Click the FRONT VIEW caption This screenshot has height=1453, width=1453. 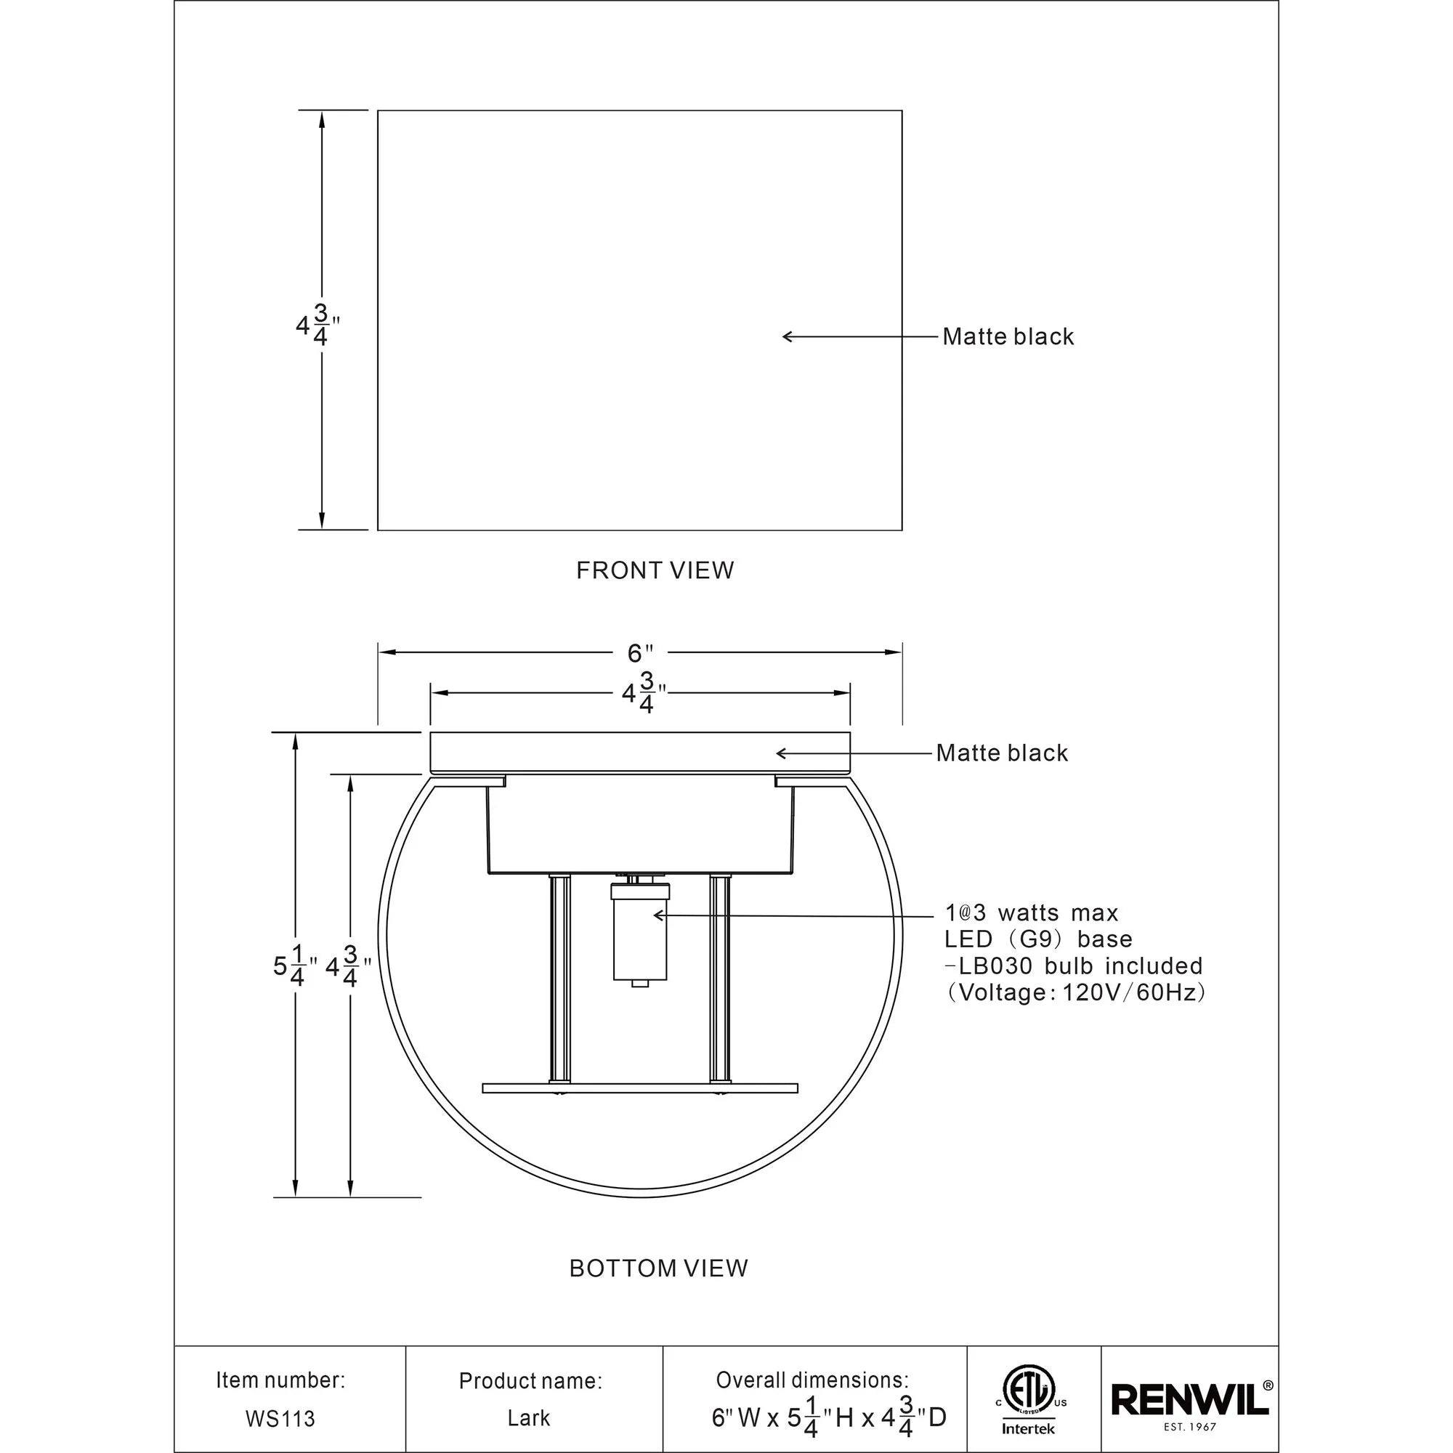[x=655, y=571]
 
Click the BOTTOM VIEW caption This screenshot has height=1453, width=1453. [x=658, y=1268]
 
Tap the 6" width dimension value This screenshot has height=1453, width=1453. [x=640, y=653]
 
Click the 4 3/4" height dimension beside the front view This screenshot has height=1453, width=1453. [x=317, y=325]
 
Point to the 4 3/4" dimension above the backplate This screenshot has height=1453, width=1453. [x=643, y=693]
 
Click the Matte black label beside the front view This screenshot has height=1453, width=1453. [x=1008, y=337]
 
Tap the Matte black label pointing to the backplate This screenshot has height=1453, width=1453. [x=1001, y=753]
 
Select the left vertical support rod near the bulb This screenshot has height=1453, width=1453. [x=559, y=979]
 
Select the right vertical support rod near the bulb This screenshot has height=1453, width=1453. [x=719, y=979]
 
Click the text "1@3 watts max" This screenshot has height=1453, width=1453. [x=1031, y=913]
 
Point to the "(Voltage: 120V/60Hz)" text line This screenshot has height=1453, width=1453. [x=1075, y=992]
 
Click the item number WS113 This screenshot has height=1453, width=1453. [x=280, y=1419]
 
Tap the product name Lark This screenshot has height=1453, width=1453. [x=529, y=1418]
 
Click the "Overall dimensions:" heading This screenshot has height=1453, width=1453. [x=812, y=1380]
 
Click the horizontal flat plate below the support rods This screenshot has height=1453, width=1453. [x=639, y=1088]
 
